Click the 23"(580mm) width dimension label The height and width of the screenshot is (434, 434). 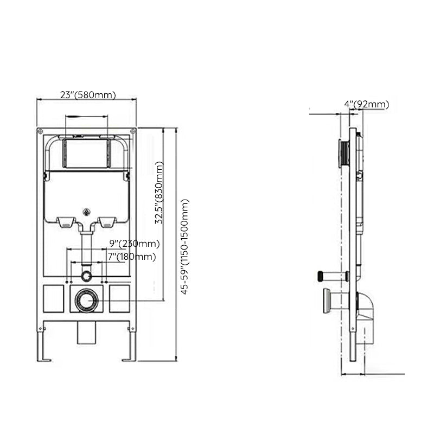click(87, 94)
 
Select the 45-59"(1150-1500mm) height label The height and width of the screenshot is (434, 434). click(185, 247)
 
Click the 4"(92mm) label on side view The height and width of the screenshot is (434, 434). click(366, 104)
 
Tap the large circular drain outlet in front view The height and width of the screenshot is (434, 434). click(86, 300)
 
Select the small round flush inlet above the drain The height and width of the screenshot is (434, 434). click(86, 276)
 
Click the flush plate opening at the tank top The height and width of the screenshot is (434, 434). click(86, 154)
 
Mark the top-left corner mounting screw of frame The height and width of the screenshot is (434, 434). click(40, 131)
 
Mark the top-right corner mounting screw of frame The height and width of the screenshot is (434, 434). click(132, 131)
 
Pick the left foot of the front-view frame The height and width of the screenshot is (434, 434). click(42, 347)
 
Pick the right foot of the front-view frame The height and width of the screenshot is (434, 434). click(130, 347)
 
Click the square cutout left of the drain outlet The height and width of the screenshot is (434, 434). click(54, 299)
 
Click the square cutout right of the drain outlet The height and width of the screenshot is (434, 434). click(119, 299)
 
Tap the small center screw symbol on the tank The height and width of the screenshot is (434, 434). click(86, 212)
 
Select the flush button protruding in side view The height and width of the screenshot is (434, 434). click(343, 154)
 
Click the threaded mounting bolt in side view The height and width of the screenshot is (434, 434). click(331, 276)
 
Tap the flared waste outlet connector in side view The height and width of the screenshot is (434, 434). click(327, 301)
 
